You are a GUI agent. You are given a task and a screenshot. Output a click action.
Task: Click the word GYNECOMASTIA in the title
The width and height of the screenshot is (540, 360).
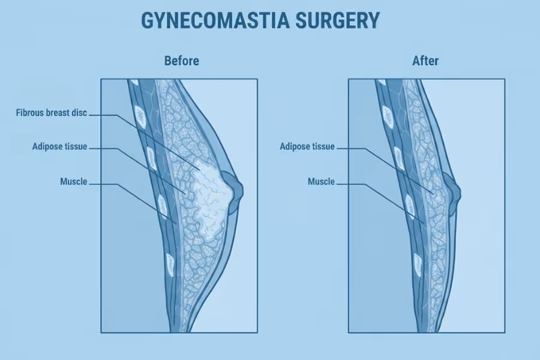click(x=215, y=20)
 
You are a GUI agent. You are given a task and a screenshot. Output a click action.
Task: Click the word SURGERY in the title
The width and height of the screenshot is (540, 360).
click(x=337, y=20)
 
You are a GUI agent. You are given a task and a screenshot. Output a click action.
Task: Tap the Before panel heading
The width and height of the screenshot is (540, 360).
click(x=181, y=61)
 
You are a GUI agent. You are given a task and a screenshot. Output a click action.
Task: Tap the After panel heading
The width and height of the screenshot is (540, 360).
click(x=425, y=61)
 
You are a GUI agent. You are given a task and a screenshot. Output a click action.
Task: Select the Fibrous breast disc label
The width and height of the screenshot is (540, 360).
click(x=52, y=113)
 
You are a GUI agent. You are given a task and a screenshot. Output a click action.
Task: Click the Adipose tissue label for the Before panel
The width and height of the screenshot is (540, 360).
click(x=59, y=147)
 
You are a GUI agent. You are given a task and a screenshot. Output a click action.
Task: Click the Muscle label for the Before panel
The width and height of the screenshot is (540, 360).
click(x=74, y=182)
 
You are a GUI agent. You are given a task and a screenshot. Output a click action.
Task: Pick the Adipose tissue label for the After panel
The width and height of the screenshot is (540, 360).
click(x=307, y=147)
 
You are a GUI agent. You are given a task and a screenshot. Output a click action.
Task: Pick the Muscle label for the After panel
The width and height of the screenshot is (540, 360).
click(x=321, y=182)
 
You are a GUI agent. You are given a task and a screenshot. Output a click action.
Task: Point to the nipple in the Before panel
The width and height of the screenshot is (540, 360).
click(x=233, y=191)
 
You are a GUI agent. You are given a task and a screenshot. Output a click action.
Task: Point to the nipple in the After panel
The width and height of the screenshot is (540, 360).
click(x=452, y=194)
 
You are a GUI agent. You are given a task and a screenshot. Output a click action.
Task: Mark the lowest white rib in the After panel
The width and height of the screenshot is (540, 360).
click(x=418, y=265)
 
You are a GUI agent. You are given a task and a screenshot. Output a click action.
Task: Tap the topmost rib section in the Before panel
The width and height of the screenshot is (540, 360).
click(x=134, y=82)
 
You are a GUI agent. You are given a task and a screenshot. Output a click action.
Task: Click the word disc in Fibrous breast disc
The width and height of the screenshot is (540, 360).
click(x=80, y=113)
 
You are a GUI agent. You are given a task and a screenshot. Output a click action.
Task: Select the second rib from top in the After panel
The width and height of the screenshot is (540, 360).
click(x=388, y=116)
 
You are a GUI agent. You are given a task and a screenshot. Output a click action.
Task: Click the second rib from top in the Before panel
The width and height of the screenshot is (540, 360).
click(x=140, y=116)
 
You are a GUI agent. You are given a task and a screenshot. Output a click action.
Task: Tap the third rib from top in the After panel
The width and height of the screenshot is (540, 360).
click(x=398, y=159)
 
